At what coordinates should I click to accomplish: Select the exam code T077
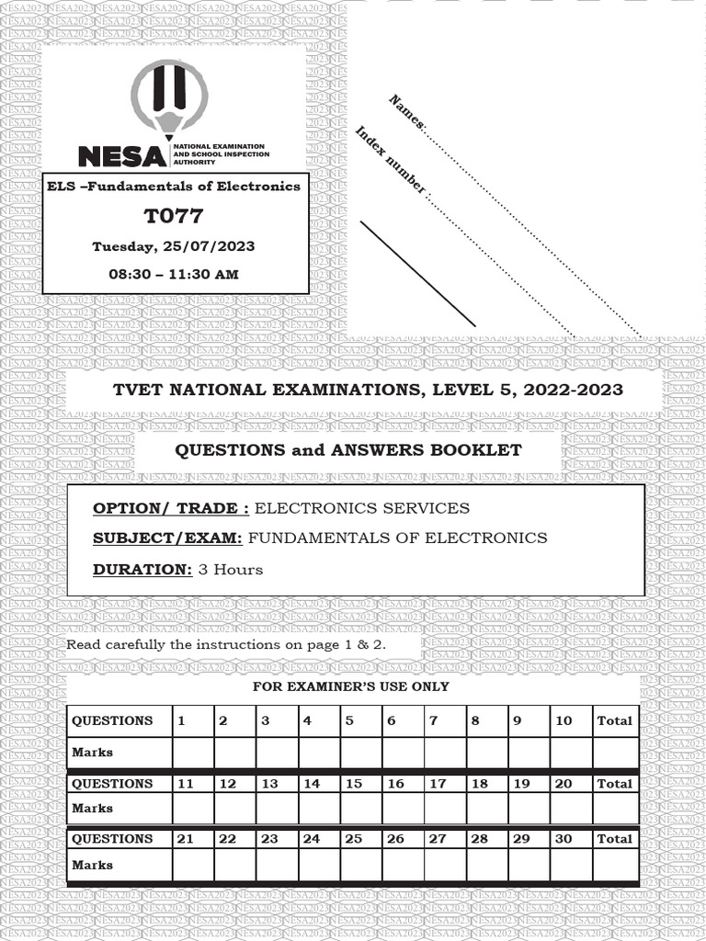click(x=174, y=217)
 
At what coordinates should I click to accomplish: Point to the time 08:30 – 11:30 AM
click(x=174, y=274)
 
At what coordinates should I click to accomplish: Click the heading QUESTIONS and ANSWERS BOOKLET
click(x=347, y=450)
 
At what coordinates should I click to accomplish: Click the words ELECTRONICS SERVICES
click(x=361, y=508)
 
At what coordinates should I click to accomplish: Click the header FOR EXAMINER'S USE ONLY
click(x=351, y=686)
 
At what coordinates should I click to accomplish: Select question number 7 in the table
click(x=434, y=720)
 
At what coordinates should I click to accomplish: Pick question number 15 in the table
click(x=354, y=784)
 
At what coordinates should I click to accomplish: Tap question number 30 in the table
click(x=564, y=838)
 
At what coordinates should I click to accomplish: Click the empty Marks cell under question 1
click(x=193, y=753)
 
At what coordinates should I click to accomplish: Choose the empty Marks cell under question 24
click(x=319, y=865)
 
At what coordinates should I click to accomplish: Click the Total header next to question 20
click(x=615, y=784)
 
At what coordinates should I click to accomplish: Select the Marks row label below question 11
click(x=93, y=809)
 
